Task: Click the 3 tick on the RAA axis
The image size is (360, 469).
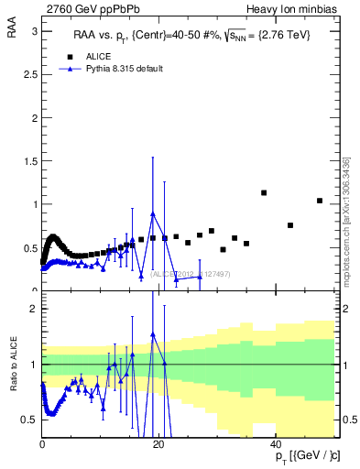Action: pos(33,31)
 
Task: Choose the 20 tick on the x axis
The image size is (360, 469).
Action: pos(159,444)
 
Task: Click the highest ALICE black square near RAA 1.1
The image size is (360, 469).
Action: pos(264,193)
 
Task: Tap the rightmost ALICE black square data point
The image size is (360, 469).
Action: pos(319,201)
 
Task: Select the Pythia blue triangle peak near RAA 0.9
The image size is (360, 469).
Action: pos(153,213)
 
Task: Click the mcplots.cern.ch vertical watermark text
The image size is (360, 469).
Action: pos(346,220)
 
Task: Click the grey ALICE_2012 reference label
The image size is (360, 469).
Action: pos(182,273)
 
